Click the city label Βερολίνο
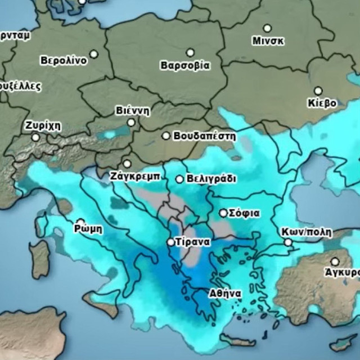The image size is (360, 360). pyautogui.click(x=64, y=61)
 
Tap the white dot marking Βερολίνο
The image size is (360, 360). pyautogui.click(x=94, y=54)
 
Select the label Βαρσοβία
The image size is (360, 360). pyautogui.click(x=185, y=65)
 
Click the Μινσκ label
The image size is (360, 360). pyautogui.click(x=268, y=41)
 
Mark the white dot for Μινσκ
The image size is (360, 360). pyautogui.click(x=267, y=28)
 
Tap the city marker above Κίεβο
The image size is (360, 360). pyautogui.click(x=318, y=91)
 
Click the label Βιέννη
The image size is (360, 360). pyautogui.click(x=133, y=110)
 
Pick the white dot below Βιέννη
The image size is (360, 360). pyautogui.click(x=131, y=122)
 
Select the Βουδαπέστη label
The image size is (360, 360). pyautogui.click(x=205, y=136)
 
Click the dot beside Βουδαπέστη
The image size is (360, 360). pyautogui.click(x=166, y=136)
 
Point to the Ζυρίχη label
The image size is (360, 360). pyautogui.click(x=43, y=125)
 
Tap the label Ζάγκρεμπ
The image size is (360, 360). pyautogui.click(x=136, y=177)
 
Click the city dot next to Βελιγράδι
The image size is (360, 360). pyautogui.click(x=179, y=179)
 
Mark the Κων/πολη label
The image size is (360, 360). pyautogui.click(x=307, y=232)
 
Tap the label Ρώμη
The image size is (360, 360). pyautogui.click(x=88, y=229)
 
